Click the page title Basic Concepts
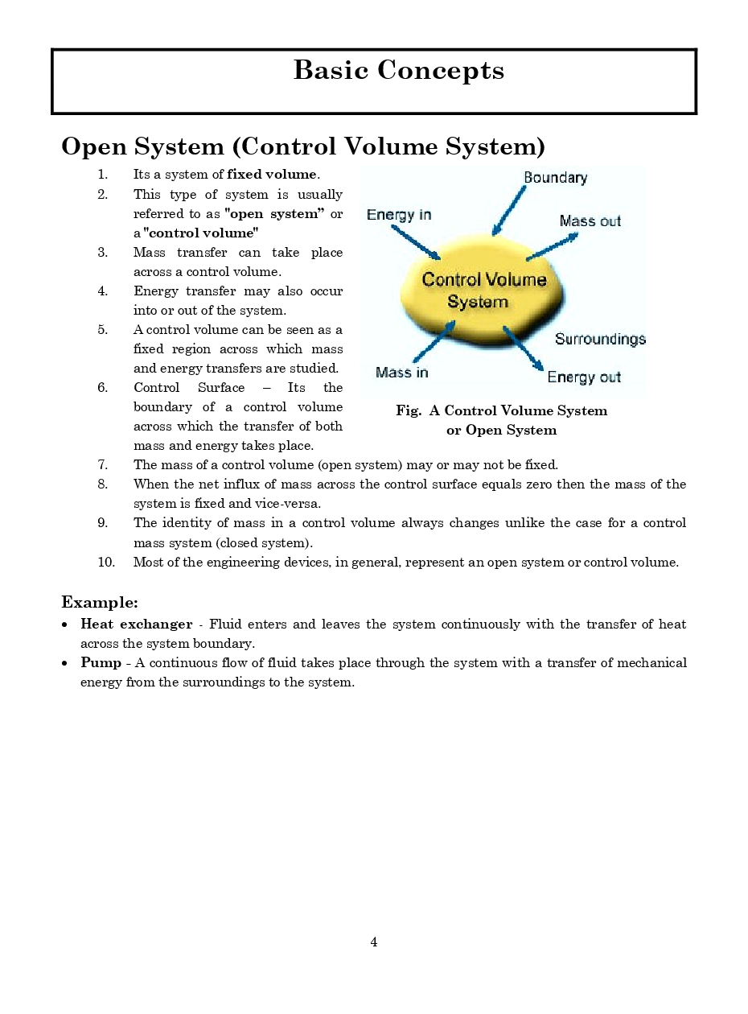pos(398,71)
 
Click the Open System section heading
pos(303,147)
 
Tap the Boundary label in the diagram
pos(555,178)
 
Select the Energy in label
pos(399,215)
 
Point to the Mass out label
pos(590,221)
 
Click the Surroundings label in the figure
pos(600,339)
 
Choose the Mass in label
pos(401,373)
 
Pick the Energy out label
pos(584,377)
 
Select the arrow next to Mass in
pos(435,341)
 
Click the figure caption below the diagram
pos(501,420)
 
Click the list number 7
pos(103,465)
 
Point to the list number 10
pos(106,563)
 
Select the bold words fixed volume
pos(272,175)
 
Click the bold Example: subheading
pos(100,602)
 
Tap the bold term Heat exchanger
pos(136,624)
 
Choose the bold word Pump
pos(101,663)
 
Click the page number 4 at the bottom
pos(374,942)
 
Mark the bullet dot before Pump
pos(64,664)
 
